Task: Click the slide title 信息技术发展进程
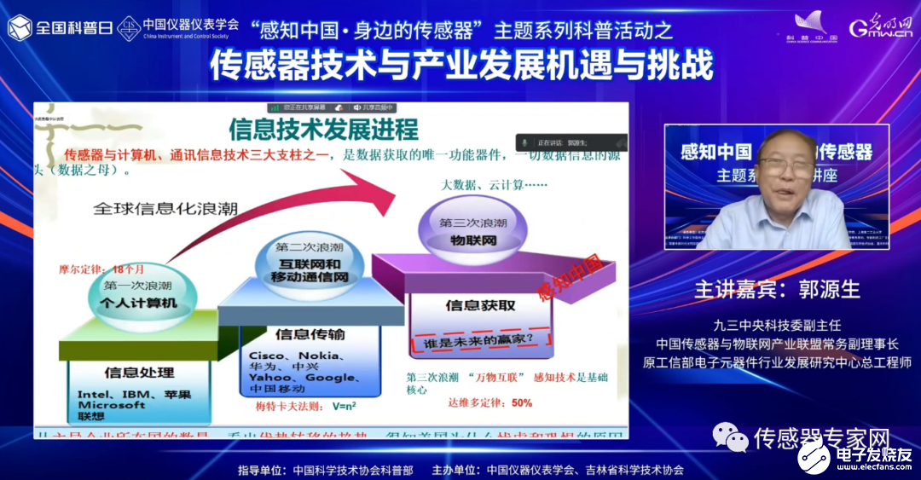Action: pos(323,129)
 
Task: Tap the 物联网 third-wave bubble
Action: pos(472,231)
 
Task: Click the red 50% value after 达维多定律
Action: pos(521,402)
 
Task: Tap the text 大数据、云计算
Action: pos(482,185)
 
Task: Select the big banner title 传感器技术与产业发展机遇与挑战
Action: pos(460,64)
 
